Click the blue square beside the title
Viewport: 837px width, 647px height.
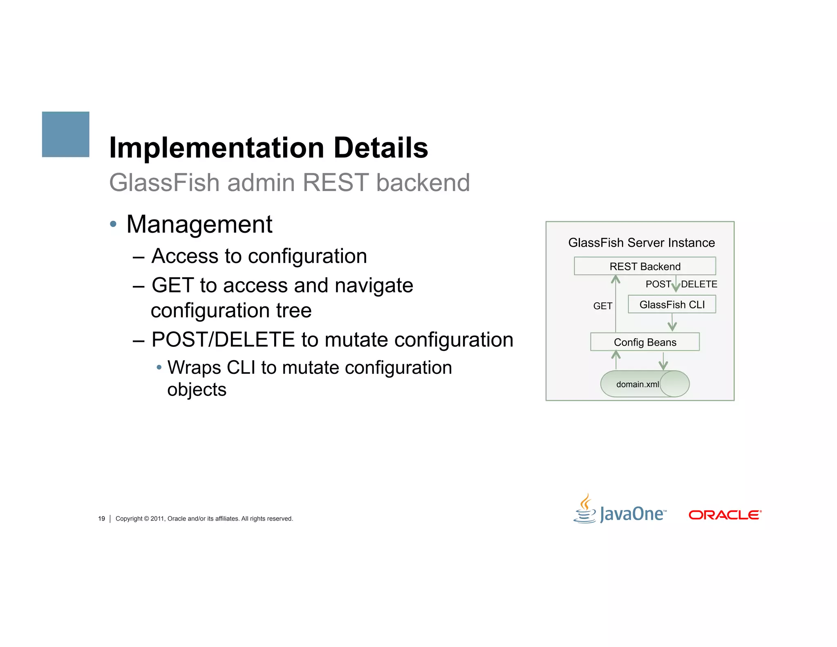point(65,134)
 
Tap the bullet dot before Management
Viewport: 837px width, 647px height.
point(113,224)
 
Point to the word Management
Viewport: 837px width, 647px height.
point(199,224)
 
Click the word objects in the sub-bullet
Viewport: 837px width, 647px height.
point(197,389)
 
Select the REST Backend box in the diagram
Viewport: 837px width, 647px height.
point(645,266)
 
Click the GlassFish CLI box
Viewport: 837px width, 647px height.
point(672,304)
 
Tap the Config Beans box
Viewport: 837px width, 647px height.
point(645,342)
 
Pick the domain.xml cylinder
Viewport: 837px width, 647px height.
point(645,384)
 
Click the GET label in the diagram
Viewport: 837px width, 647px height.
point(602,306)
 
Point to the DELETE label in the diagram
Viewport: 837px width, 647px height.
point(699,284)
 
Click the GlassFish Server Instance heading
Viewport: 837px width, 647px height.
point(641,243)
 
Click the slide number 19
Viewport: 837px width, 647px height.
point(101,519)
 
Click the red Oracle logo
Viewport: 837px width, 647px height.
point(725,514)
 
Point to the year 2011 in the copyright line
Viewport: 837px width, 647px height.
point(157,519)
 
